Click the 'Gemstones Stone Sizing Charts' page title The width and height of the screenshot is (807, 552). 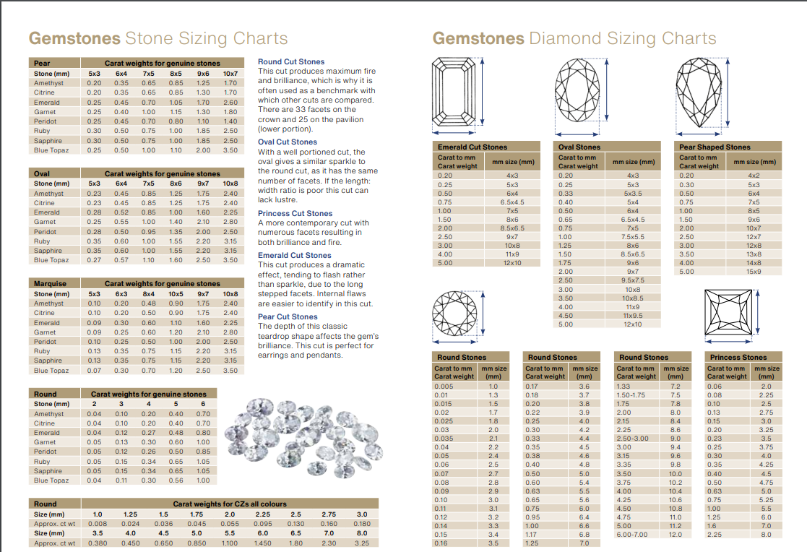157,38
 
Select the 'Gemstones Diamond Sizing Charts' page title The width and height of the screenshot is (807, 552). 574,38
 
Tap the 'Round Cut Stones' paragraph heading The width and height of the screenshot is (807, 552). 291,62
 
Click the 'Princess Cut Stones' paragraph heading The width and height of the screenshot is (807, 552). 295,214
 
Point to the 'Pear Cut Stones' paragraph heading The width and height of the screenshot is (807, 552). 288,317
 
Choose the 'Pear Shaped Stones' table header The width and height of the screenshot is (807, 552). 714,147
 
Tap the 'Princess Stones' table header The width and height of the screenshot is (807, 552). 738,357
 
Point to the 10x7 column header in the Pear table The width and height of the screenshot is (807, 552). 230,74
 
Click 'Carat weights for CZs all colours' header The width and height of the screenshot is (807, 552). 229,504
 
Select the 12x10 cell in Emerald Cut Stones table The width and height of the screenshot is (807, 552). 512,262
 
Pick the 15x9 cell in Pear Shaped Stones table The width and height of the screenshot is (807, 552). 754,272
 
